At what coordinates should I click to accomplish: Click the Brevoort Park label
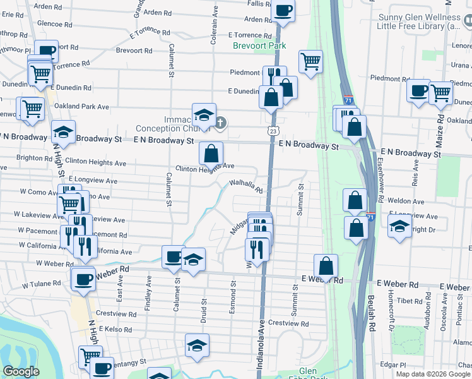pyautogui.click(x=259, y=45)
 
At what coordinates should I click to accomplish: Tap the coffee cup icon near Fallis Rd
pyautogui.click(x=283, y=11)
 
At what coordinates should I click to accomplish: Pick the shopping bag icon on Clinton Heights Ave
pyautogui.click(x=211, y=153)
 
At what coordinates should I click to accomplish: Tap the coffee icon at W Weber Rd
pyautogui.click(x=83, y=279)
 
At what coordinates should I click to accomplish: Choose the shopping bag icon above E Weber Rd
pyautogui.click(x=325, y=265)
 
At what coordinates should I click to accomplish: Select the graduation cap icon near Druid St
pyautogui.click(x=197, y=346)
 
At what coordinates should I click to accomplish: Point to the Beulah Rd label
pyautogui.click(x=372, y=328)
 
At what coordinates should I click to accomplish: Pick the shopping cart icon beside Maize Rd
pyautogui.click(x=440, y=93)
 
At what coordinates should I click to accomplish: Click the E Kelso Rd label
pyautogui.click(x=115, y=330)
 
